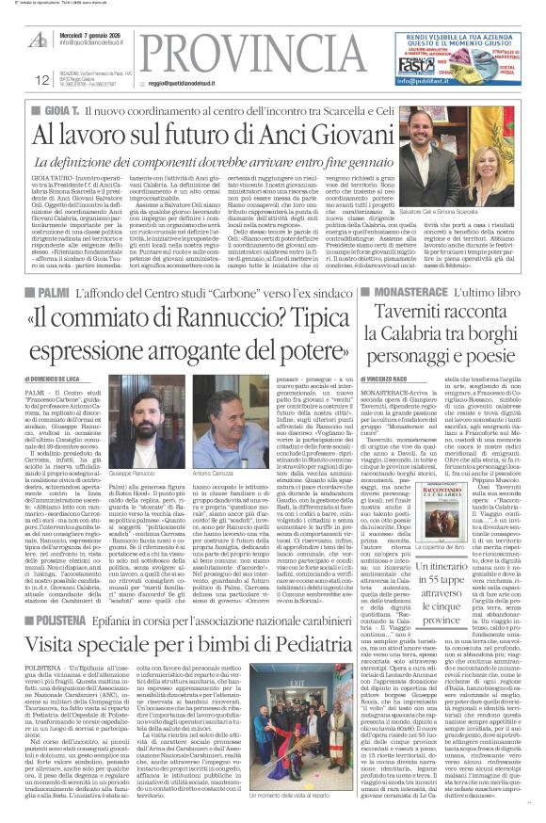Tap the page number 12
(x=18, y=79)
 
